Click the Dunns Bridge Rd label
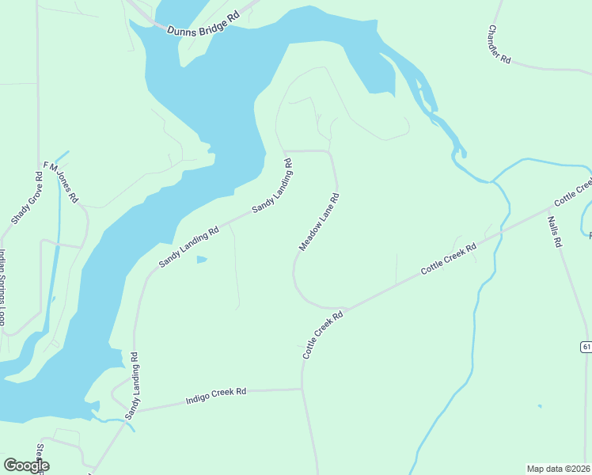[203, 24]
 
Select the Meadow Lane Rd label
[319, 222]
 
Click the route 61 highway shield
[586, 347]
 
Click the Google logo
[26, 465]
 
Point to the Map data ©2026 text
[558, 469]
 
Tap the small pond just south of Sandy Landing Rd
[202, 260]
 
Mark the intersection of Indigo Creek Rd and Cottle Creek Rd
[302, 389]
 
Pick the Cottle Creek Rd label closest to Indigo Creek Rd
[322, 335]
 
